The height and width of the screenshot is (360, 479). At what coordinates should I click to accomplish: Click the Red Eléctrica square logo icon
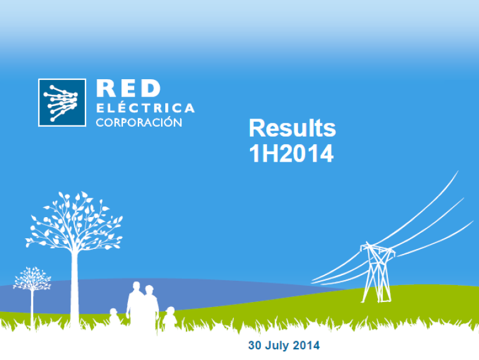[62, 103]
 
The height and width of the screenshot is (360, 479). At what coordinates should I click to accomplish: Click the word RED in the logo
[128, 89]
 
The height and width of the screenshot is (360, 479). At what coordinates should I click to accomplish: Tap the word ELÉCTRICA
[145, 107]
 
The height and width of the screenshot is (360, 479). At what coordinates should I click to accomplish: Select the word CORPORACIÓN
[139, 122]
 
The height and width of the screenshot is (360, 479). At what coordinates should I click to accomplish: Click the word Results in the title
[293, 129]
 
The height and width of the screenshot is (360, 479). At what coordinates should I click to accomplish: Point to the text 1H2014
[291, 153]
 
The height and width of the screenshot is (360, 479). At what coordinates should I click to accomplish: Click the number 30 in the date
[254, 345]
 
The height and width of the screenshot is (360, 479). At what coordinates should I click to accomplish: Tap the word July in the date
[277, 346]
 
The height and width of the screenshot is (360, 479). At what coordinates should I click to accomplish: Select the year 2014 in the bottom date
[306, 345]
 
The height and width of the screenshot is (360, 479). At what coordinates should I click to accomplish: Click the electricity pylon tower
[377, 272]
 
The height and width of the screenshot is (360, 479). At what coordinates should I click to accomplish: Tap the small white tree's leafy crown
[32, 279]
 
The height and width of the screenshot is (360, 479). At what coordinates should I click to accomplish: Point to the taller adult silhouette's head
[136, 286]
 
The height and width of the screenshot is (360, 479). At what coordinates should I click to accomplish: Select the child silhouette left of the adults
[114, 318]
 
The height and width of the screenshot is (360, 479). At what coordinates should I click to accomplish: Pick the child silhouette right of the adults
[170, 318]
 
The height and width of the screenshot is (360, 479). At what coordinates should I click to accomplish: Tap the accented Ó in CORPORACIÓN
[167, 122]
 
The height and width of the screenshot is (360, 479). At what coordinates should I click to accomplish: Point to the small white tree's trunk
[32, 309]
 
